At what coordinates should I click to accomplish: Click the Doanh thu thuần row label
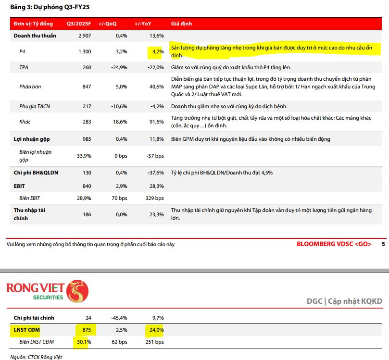tap(35, 36)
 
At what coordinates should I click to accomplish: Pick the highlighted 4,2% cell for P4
tap(155, 51)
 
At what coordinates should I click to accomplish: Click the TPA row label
tap(24, 67)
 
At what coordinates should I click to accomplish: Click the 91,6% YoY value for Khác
tap(156, 122)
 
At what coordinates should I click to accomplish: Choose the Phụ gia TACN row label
tap(35, 106)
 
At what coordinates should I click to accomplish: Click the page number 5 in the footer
tap(383, 244)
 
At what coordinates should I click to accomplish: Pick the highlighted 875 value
tap(86, 330)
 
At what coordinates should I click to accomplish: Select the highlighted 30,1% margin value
tap(83, 342)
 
